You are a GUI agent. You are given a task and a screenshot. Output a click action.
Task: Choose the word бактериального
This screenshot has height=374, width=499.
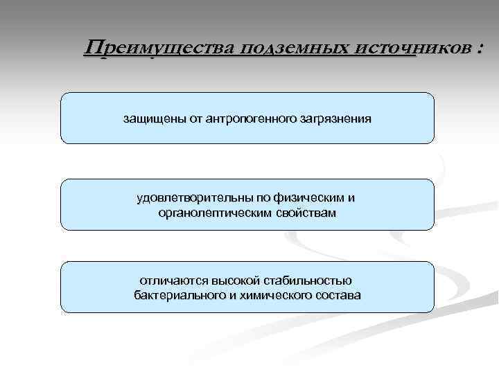click(177, 296)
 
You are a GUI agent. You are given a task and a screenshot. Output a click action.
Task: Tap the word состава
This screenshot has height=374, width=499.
click(336, 296)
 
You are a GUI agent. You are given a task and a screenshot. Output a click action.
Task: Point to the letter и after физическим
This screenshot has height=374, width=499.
click(351, 198)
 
